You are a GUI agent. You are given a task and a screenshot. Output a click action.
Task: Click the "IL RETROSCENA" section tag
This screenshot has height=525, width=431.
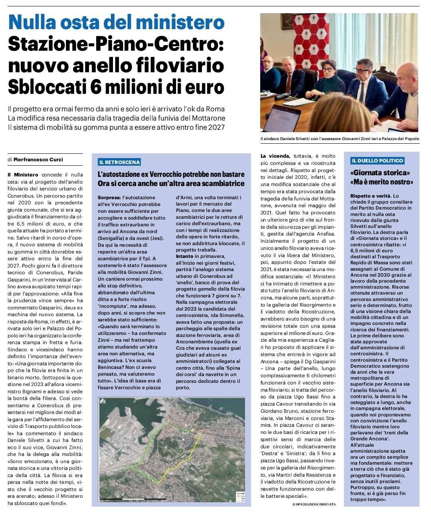pyautogui.click(x=119, y=162)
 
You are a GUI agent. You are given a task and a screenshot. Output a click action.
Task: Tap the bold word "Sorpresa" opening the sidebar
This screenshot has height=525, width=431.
pyautogui.click(x=109, y=198)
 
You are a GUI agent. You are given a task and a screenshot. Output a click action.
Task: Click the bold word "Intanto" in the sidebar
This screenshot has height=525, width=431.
pyautogui.click(x=185, y=256)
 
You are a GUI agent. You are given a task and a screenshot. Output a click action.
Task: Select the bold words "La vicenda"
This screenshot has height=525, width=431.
pyautogui.click(x=275, y=156)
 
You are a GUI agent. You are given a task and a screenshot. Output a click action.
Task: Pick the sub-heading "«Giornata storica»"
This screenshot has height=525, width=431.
pyautogui.click(x=380, y=173)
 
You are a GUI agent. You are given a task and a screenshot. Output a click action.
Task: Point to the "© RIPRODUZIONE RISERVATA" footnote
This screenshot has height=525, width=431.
pyautogui.click(x=314, y=505)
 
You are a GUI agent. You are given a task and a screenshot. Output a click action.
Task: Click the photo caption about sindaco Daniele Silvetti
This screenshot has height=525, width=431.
pyautogui.click(x=339, y=139)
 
